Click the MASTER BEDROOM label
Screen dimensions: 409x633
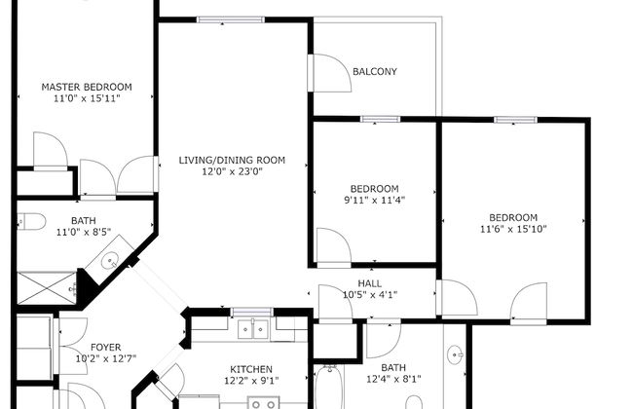click(86, 87)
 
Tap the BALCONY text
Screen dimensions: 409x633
click(374, 71)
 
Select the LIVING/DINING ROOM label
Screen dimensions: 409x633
click(231, 160)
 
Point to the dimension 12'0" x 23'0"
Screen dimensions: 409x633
click(231, 172)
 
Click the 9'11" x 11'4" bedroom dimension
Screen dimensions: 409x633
click(374, 201)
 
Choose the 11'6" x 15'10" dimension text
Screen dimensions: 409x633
click(513, 230)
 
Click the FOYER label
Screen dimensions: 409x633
click(106, 346)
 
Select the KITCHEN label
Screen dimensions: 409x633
click(250, 369)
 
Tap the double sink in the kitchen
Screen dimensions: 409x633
click(255, 329)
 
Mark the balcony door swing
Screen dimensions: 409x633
click(331, 73)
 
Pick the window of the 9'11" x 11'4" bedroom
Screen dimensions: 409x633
click(374, 119)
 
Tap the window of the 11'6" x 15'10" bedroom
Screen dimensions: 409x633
click(513, 119)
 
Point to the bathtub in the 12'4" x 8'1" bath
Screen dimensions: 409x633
click(327, 390)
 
